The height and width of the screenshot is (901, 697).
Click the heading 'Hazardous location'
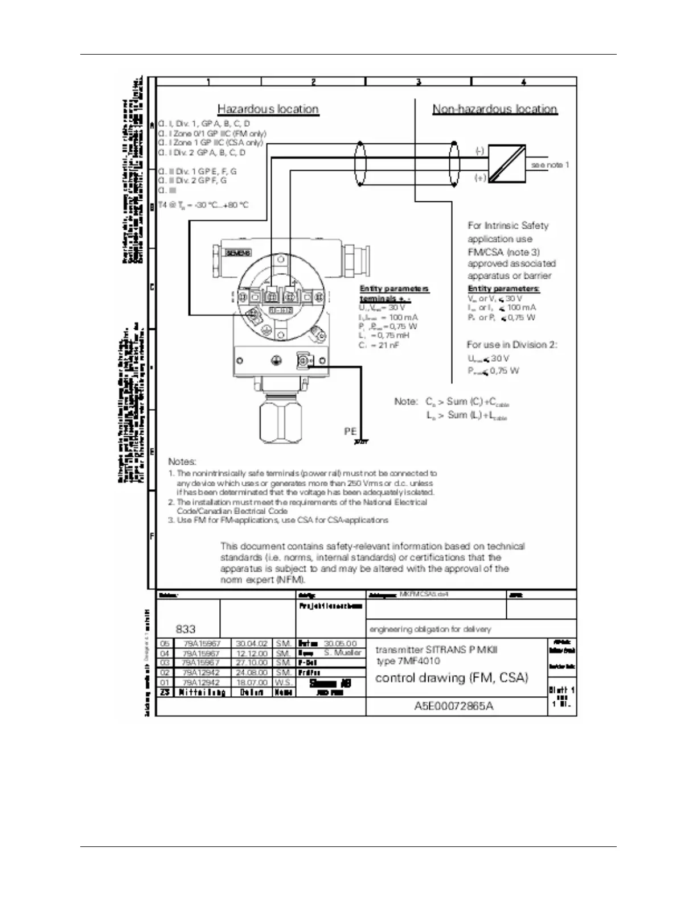tap(268, 109)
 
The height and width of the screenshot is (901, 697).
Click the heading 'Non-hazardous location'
tap(494, 109)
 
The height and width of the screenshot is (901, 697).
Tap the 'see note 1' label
tap(550, 165)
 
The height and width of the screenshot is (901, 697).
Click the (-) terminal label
tap(480, 151)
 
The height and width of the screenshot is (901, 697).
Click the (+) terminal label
tap(480, 178)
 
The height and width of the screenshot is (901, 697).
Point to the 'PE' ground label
tap(350, 432)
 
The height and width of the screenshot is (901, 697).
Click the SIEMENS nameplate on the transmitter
tap(239, 253)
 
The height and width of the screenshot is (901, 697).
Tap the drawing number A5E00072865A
tap(454, 706)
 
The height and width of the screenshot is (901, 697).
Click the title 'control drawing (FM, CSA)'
tap(452, 677)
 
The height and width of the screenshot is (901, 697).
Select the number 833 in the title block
tap(186, 629)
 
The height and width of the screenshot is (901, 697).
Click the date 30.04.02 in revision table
tap(252, 643)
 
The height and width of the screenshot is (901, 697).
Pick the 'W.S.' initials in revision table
tap(284, 682)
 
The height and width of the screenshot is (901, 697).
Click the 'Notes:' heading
tap(182, 462)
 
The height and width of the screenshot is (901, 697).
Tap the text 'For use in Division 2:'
tap(511, 345)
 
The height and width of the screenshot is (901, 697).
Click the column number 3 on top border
tap(419, 82)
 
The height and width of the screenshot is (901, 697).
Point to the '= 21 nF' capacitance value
tap(387, 345)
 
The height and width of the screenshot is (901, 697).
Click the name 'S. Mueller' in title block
tap(343, 653)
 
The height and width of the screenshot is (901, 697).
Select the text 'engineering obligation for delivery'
tap(430, 629)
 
